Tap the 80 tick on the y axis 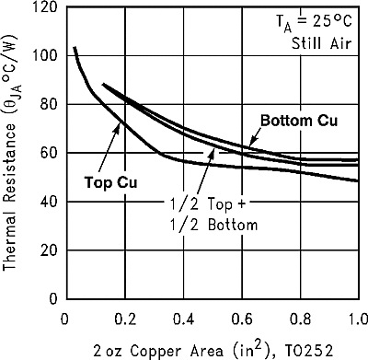pyautogui.click(x=47, y=104)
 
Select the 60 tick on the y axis pyautogui.click(x=47, y=153)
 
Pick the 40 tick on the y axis pyautogui.click(x=47, y=202)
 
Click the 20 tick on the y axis pyautogui.click(x=47, y=250)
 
